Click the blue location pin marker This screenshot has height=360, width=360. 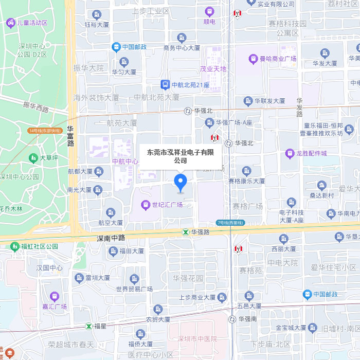180,183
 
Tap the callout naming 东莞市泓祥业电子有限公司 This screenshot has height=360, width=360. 180,156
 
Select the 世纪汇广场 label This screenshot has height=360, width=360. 167,205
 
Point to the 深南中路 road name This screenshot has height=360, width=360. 111,238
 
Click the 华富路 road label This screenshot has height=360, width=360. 70,136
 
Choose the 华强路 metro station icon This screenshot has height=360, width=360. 185,232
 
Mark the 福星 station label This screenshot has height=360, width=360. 100,326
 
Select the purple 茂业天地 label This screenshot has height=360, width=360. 213,69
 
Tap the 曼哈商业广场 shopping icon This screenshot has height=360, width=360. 253,59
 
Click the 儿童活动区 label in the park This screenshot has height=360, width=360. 32,23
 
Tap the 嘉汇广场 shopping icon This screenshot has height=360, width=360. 54,296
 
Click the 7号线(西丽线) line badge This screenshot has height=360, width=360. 230,223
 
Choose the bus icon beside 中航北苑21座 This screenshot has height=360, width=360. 165,84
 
